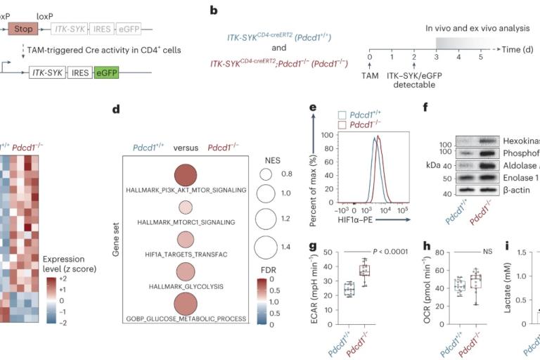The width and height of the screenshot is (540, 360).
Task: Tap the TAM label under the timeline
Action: [x=370, y=74]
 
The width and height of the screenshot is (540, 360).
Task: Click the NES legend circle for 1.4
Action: [x=266, y=247]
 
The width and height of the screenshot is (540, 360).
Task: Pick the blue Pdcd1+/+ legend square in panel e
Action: [x=343, y=114]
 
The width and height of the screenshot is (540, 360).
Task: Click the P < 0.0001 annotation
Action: [x=384, y=250]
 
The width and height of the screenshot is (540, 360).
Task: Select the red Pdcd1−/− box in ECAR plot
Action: [x=364, y=270]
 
